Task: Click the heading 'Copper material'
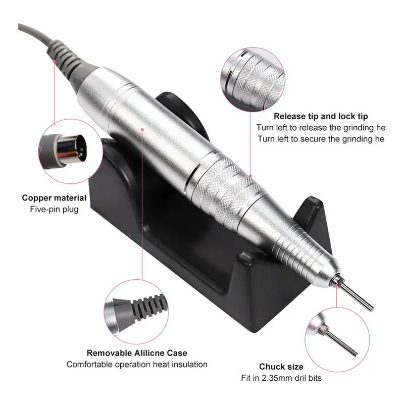tap(54, 198)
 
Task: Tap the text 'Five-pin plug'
tap(54, 209)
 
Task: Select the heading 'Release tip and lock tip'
tap(321, 116)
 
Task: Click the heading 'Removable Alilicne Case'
tap(137, 352)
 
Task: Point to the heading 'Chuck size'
tap(281, 367)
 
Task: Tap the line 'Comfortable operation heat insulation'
tap(137, 364)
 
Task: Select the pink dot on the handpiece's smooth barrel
tap(142, 129)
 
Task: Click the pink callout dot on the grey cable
tap(54, 61)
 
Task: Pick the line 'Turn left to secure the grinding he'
tap(321, 139)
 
